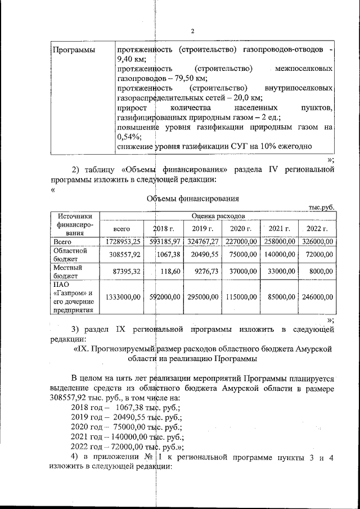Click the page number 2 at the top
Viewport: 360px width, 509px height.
192,31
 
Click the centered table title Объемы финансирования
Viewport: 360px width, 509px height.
193,198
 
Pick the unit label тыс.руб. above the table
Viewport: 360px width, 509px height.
321,207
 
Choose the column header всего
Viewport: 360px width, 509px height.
122,229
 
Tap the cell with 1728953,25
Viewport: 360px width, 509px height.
123,241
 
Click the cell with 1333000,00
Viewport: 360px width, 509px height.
122,297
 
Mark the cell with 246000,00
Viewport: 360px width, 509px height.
317,297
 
